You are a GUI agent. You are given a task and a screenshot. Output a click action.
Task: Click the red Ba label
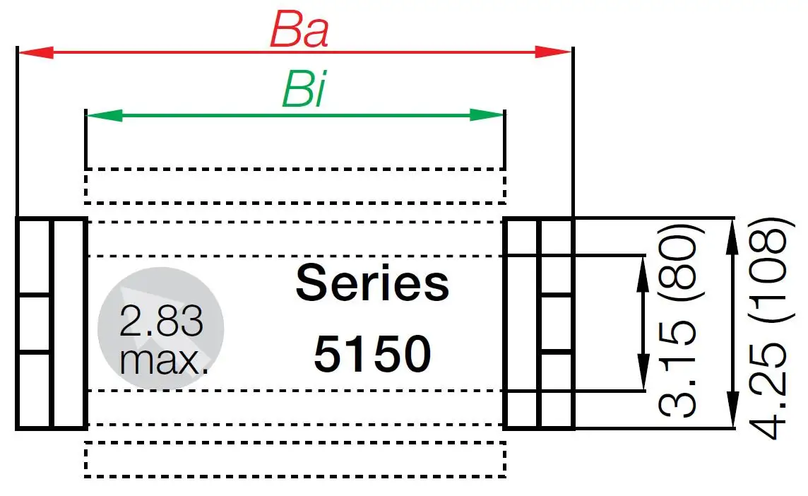coord(299,31)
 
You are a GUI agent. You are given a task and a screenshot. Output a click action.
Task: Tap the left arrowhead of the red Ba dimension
coord(35,52)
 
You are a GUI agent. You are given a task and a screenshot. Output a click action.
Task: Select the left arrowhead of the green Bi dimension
coord(103,114)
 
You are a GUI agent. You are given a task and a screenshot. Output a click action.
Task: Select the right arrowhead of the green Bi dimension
coord(487,114)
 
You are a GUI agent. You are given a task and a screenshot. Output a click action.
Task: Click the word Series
coord(372,283)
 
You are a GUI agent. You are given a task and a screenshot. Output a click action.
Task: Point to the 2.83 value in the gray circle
coord(161,322)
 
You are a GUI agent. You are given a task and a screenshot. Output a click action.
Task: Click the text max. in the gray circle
coord(164,360)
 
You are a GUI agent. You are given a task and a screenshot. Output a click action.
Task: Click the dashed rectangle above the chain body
coord(295,186)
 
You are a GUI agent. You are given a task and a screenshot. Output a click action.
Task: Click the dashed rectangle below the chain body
coord(295,459)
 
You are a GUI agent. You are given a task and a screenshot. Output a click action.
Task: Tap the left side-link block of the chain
coord(51,323)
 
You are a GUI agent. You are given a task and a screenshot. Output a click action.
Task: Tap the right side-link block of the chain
coord(538,323)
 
